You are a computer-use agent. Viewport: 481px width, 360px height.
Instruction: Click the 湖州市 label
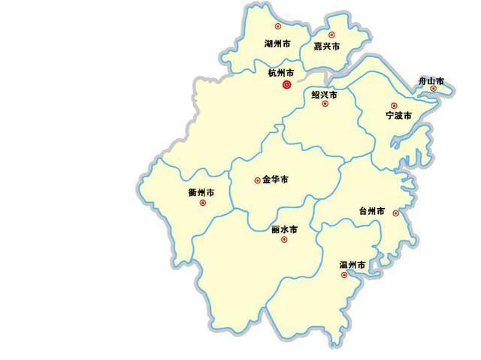click(x=278, y=44)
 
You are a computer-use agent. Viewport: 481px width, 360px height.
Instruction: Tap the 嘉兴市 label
click(x=327, y=47)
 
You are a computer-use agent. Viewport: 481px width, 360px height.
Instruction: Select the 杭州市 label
click(x=281, y=73)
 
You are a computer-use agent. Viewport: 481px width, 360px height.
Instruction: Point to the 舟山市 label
click(x=431, y=80)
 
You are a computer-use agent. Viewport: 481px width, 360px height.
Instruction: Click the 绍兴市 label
click(x=324, y=95)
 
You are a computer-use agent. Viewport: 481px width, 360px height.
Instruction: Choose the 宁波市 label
click(x=398, y=116)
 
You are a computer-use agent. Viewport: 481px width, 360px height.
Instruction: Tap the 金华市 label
click(x=275, y=180)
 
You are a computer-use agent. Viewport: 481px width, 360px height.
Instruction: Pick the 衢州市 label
click(x=201, y=193)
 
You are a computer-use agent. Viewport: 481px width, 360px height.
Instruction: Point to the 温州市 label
click(x=352, y=265)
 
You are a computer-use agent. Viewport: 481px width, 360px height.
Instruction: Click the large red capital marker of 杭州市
click(x=286, y=86)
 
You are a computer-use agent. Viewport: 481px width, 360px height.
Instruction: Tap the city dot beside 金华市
click(x=258, y=180)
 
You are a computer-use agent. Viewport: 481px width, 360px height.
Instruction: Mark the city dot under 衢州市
click(x=202, y=203)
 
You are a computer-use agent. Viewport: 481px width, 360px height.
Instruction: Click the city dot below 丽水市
click(x=284, y=240)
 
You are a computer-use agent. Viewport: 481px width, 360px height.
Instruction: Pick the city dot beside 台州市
click(x=396, y=213)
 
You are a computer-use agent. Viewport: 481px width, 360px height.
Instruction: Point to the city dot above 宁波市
click(x=394, y=106)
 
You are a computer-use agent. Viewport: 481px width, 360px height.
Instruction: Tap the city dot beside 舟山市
click(x=434, y=89)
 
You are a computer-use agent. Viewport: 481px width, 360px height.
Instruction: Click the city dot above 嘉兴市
click(x=331, y=35)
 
